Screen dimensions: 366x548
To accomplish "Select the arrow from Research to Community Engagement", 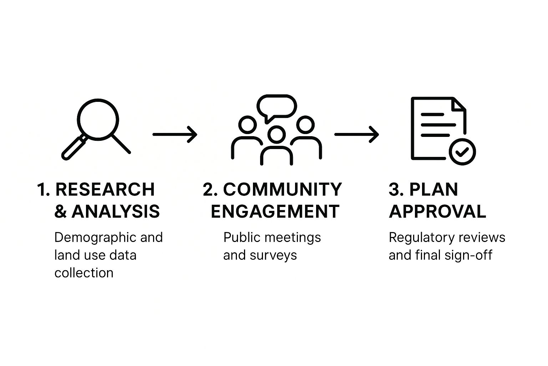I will pos(175,134).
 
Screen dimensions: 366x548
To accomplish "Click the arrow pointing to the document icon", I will pos(356,134).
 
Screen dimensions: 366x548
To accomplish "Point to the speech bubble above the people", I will pos(277,107).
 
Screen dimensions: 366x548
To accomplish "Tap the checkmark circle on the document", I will pos(462,152).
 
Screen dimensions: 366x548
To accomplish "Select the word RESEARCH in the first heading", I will pos(105,189).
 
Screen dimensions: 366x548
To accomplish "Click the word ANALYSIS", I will pos(116,212).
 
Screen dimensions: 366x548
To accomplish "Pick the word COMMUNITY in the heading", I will pos(282,189).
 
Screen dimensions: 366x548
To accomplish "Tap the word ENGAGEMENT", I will pos(275,212).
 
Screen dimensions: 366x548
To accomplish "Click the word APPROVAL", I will pos(437,212).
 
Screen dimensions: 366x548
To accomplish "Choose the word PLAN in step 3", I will pos(433,189).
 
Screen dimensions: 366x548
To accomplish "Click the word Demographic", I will pos(95,238).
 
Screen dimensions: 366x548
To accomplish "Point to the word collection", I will pos(84,273).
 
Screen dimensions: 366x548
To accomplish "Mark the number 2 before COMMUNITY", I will pos(208,189).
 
